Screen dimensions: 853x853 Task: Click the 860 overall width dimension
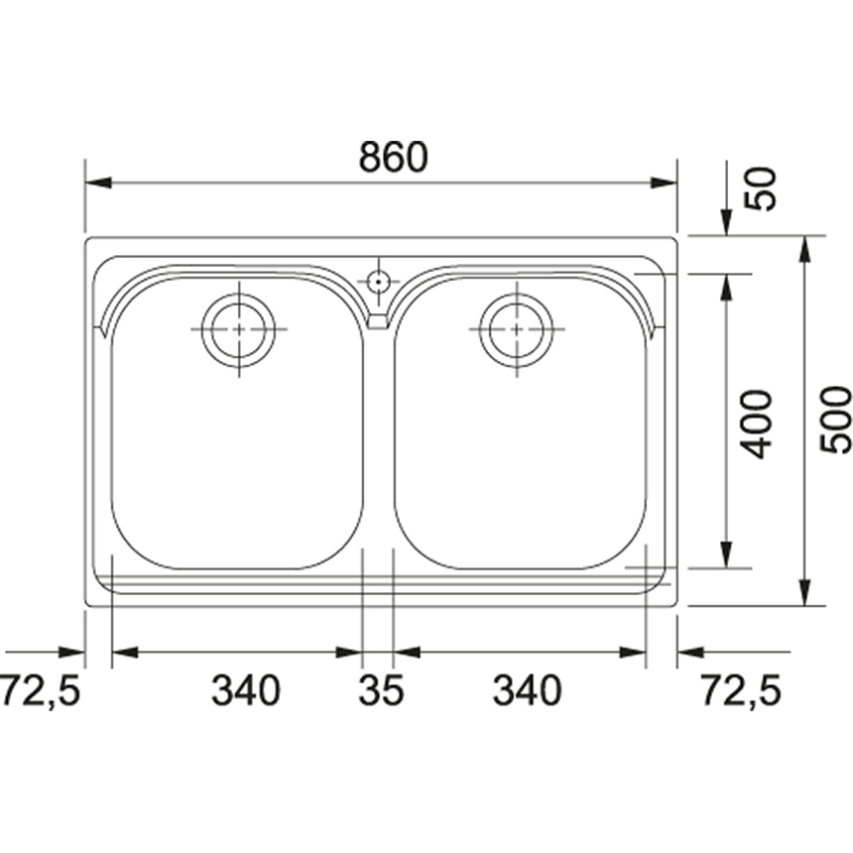[x=394, y=157]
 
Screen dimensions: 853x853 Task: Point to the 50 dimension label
[x=761, y=189]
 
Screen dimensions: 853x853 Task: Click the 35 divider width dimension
[x=381, y=690]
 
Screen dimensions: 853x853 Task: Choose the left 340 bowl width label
[x=246, y=690]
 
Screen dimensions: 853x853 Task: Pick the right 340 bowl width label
[x=526, y=690]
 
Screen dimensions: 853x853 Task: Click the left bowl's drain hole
[x=238, y=329]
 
